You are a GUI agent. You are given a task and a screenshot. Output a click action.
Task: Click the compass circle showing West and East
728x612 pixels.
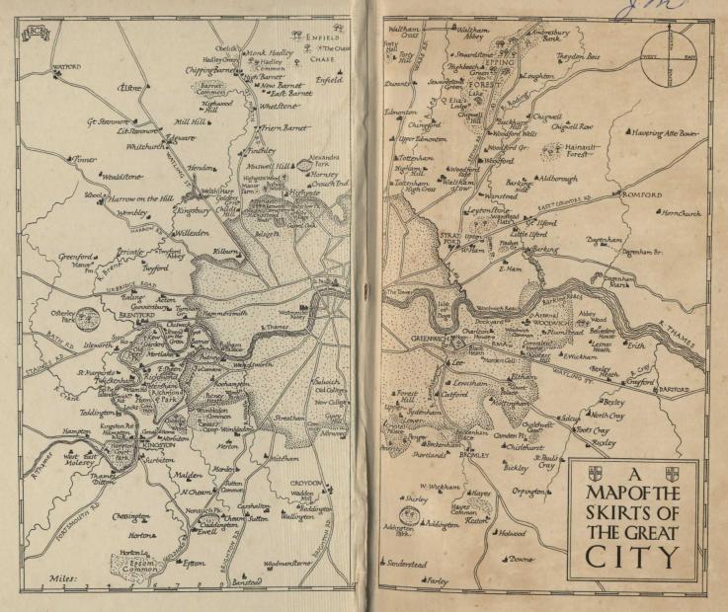(x=672, y=57)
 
